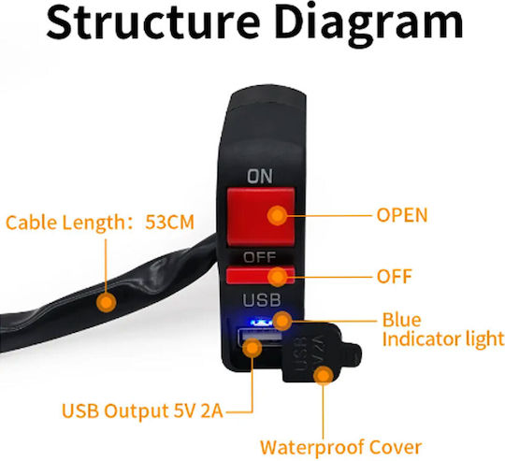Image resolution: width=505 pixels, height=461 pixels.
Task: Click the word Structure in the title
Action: tap(153, 22)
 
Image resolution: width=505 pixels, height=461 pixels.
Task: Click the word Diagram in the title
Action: tap(368, 24)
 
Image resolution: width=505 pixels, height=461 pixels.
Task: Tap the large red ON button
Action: tap(261, 216)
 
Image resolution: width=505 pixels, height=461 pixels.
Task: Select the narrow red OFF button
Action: tap(260, 275)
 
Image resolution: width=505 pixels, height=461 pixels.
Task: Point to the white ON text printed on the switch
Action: tap(260, 177)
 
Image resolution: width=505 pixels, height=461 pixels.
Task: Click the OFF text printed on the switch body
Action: tap(260, 257)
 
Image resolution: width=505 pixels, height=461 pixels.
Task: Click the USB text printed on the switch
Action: tap(262, 300)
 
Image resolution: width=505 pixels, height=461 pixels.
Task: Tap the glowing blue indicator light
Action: tap(262, 322)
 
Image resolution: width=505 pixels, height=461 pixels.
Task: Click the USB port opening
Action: tap(260, 338)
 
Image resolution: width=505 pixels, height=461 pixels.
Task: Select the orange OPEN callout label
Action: tap(402, 215)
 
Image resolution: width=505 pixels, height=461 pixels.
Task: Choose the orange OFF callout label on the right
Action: tap(395, 276)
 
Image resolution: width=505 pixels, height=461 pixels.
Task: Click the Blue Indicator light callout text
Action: tap(443, 329)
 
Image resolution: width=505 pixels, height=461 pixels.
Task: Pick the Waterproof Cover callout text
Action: tap(340, 447)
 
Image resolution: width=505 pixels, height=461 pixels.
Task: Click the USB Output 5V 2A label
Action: tap(142, 411)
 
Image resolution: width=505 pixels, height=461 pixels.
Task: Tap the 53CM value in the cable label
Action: tap(169, 223)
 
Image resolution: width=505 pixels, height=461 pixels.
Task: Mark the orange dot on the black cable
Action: tap(107, 302)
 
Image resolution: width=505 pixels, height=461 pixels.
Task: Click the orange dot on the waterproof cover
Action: tap(324, 375)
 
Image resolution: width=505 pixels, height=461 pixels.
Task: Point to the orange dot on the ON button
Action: tap(277, 215)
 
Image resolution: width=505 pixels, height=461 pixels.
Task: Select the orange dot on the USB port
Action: tap(252, 348)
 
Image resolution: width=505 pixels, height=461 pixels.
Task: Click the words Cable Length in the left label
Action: tap(63, 223)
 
